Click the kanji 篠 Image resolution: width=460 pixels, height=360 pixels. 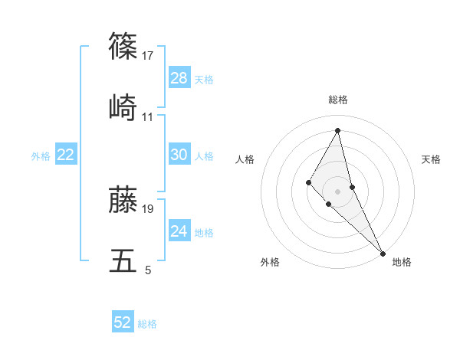click(124, 45)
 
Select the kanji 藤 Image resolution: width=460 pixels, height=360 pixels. click(124, 199)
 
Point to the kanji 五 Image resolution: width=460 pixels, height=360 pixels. click(124, 260)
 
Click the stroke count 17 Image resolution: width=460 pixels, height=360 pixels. click(148, 55)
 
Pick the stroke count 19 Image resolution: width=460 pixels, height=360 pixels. click(148, 208)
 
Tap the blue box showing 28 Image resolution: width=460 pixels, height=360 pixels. click(179, 78)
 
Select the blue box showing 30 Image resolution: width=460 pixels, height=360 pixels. click(179, 155)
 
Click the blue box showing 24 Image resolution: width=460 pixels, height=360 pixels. click(179, 231)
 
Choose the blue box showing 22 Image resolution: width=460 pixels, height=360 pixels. click(66, 155)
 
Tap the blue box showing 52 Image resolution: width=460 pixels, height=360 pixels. click(123, 322)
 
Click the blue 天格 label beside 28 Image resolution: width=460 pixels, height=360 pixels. click(204, 79)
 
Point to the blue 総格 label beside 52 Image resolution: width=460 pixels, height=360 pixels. click(147, 323)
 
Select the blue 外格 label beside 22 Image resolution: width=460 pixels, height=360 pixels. click(41, 155)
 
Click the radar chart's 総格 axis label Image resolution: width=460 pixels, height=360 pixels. click(338, 100)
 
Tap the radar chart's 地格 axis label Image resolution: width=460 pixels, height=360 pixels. click(402, 262)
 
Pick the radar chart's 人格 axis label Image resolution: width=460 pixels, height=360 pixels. click(245, 159)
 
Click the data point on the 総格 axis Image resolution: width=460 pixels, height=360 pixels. click(338, 130)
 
